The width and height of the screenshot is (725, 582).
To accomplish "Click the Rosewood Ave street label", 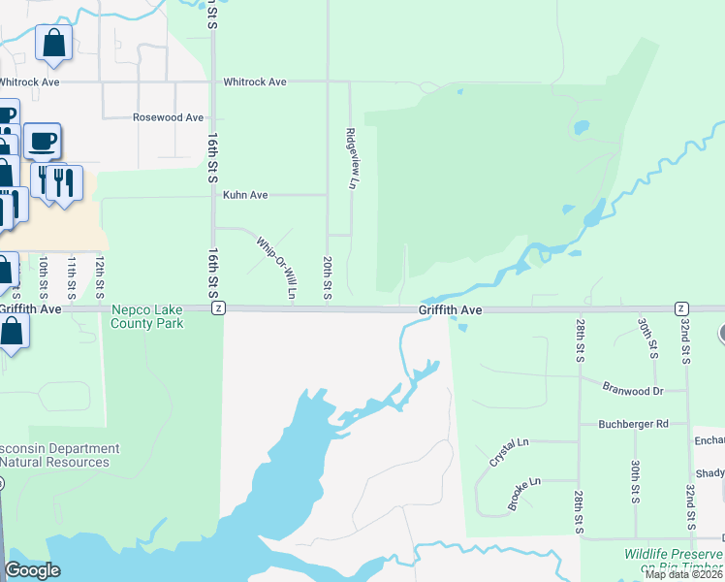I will coord(168,117).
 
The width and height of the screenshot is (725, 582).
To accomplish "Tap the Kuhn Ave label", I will coord(245,195).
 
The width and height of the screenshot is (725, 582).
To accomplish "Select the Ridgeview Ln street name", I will coord(354,158).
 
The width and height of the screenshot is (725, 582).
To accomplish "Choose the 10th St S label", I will coord(43,278).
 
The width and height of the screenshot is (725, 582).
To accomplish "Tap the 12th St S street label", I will coord(100,278).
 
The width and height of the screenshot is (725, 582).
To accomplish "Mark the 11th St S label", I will coord(72,278).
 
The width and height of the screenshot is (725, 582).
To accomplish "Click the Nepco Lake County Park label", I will coord(147,316).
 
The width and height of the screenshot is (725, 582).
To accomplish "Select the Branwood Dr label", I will coord(631,391).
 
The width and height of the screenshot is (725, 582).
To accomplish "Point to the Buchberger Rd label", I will coord(634,424).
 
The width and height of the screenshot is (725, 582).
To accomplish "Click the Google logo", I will coord(32,570).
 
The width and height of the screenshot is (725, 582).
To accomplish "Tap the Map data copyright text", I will coord(683,574).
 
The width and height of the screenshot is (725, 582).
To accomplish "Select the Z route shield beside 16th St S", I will coord(219,307).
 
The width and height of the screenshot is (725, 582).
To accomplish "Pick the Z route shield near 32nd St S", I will coord(682,307).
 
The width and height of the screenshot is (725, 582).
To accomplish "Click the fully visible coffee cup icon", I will coord(43,142).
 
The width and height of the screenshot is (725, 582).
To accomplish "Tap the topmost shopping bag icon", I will coord(53,43).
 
